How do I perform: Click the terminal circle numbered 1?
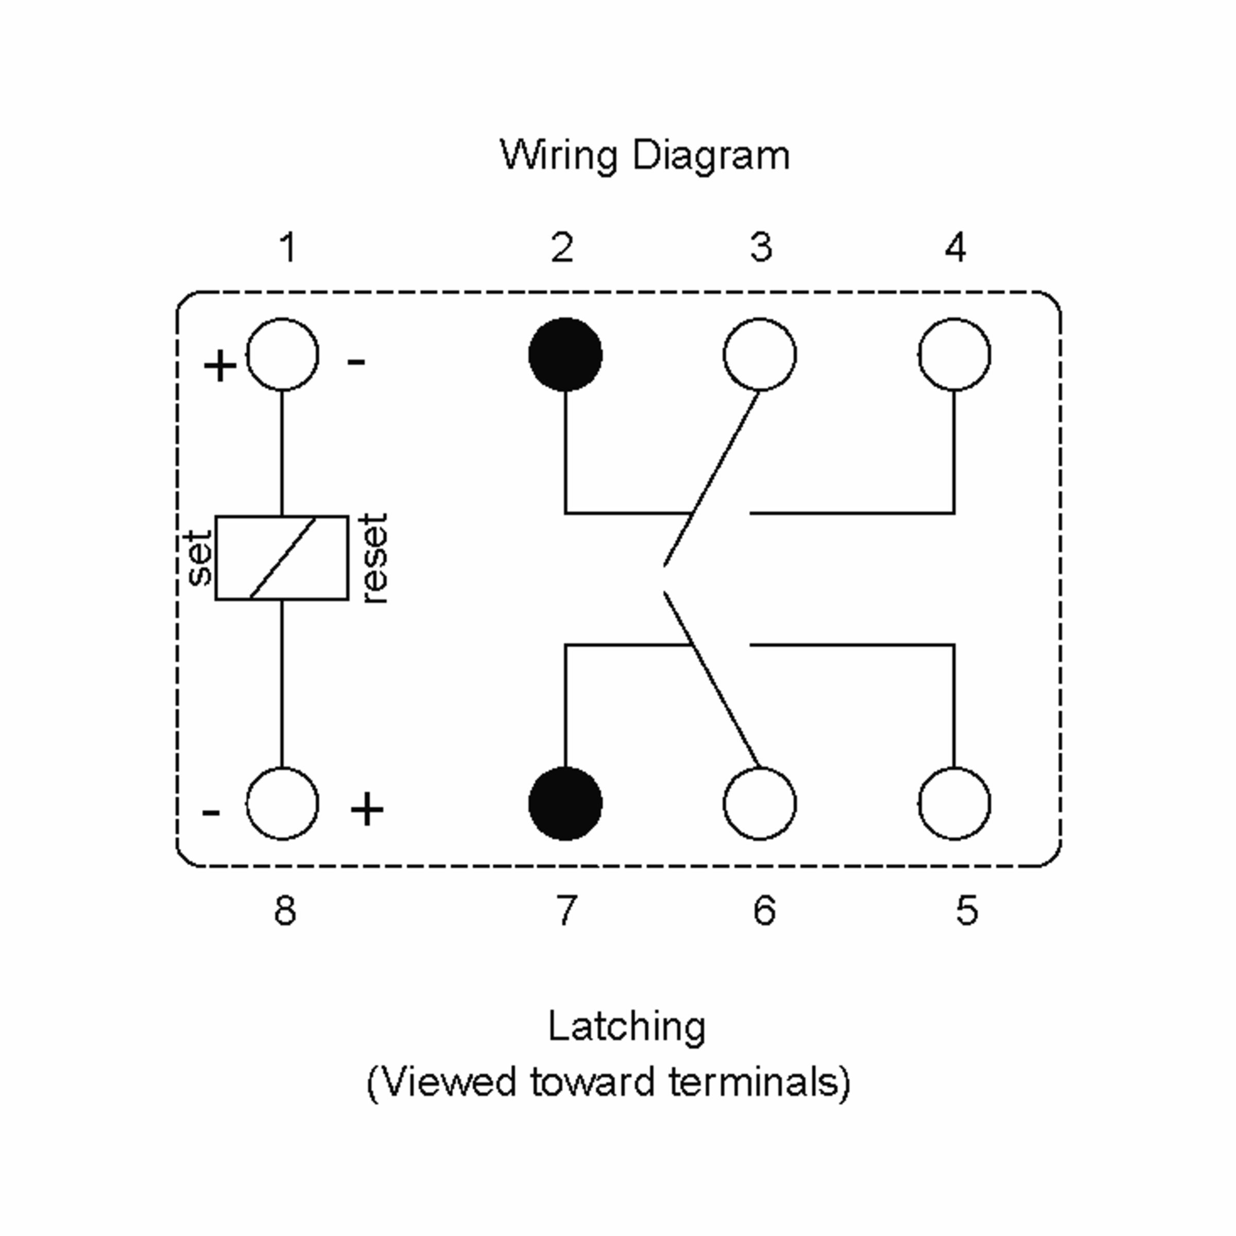tap(282, 354)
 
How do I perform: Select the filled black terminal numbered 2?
tap(565, 354)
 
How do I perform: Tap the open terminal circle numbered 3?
tap(760, 354)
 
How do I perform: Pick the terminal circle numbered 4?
tap(954, 354)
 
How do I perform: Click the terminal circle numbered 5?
tap(954, 803)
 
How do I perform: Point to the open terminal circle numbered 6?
tap(760, 803)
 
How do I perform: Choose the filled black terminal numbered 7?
tap(565, 803)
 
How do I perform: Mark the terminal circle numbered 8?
tap(282, 803)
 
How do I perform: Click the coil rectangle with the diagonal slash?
tap(282, 558)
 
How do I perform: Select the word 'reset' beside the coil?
tap(374, 558)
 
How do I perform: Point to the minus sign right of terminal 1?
tap(356, 362)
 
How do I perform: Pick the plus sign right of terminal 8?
tap(367, 809)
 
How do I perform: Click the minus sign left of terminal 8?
tap(211, 813)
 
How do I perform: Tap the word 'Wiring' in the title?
tap(558, 156)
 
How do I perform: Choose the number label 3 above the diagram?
tap(761, 248)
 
